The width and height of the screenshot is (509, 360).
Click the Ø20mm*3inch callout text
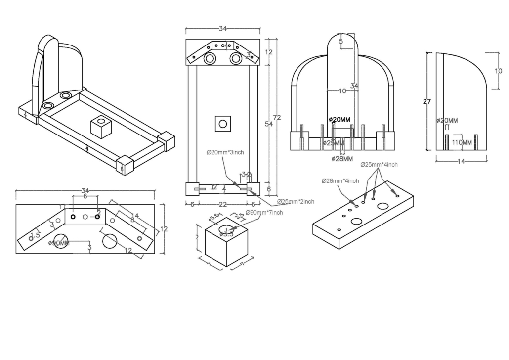coord(225,152)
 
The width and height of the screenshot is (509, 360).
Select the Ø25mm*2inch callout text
coord(295,202)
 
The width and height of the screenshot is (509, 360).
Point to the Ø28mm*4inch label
coord(340,181)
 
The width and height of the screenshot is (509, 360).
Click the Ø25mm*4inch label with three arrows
coord(379,164)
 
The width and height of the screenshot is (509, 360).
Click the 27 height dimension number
coord(427,102)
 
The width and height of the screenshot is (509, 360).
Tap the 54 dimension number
coord(268,124)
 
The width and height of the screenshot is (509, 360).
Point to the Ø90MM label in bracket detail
coord(59,243)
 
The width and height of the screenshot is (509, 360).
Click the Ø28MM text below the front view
coord(342,159)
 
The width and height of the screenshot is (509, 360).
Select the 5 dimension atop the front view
coord(341,42)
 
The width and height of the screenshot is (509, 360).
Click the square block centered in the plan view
coord(223,123)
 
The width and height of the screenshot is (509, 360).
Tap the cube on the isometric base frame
coord(101,128)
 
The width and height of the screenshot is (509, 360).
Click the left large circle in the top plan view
coord(210,59)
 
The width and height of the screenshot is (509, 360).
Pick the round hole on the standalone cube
coord(227,229)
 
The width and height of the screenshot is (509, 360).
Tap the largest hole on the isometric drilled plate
coord(383,206)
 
